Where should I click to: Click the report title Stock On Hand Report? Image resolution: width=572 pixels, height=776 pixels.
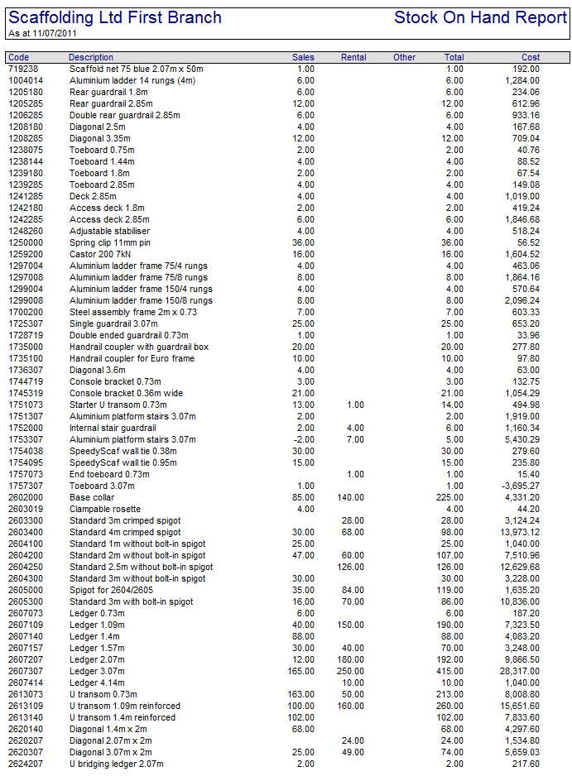[x=480, y=17]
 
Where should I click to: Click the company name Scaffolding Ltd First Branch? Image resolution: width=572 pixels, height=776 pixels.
[x=115, y=17]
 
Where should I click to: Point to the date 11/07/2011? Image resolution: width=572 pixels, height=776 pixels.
[x=46, y=33]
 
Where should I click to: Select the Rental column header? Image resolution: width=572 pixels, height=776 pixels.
[x=353, y=57]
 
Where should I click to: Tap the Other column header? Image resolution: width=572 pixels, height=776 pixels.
[x=404, y=57]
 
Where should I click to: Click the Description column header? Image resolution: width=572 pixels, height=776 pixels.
[x=91, y=57]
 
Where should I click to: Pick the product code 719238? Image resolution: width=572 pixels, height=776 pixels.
[x=23, y=69]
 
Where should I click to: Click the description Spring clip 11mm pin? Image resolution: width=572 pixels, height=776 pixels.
[x=109, y=242]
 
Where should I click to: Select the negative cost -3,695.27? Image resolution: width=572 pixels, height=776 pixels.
[x=519, y=486]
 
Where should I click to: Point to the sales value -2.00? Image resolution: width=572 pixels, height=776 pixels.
[x=304, y=439]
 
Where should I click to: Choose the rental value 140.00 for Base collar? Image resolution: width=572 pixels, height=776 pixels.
[x=351, y=497]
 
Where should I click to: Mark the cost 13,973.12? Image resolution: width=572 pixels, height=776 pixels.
[x=519, y=532]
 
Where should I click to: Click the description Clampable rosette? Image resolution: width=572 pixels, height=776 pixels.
[x=105, y=509]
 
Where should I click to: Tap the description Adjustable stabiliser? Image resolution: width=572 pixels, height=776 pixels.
[x=110, y=231]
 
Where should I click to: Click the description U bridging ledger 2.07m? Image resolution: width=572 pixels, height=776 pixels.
[x=117, y=764]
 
